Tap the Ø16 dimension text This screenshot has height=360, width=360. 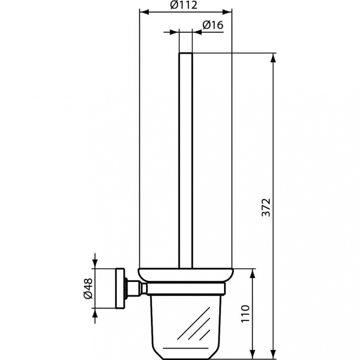pyautogui.click(x=213, y=25)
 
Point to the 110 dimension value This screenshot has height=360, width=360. pyautogui.click(x=245, y=314)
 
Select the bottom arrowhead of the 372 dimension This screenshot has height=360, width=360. pyautogui.click(x=274, y=355)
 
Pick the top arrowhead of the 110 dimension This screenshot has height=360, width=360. pyautogui.click(x=253, y=273)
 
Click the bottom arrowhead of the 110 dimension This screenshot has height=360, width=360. pyautogui.click(x=253, y=355)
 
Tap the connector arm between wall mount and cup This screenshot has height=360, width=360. pyautogui.click(x=137, y=288)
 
